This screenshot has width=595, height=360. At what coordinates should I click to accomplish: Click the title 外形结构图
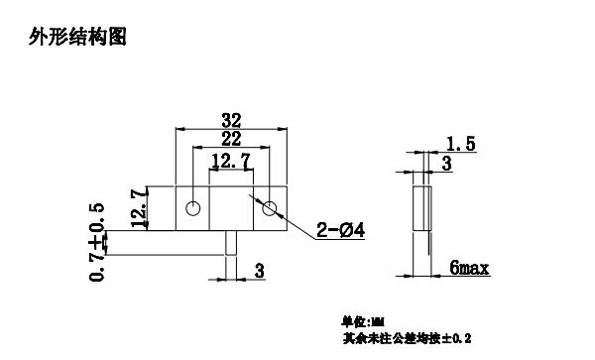pos(79,39)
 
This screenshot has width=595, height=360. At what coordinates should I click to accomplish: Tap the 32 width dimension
pos(230,120)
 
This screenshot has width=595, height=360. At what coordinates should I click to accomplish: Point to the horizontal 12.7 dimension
pos(230,161)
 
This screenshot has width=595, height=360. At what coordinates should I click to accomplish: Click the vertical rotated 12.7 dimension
pos(139,206)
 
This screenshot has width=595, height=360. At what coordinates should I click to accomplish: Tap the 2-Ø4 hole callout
pos(341,231)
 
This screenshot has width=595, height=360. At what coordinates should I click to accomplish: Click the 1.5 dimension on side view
pos(461,145)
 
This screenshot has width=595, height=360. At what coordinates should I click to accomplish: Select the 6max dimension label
pos(469,268)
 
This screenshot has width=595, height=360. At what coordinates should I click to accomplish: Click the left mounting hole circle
pos(193,208)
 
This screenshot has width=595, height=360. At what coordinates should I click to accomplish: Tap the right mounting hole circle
pos(269,208)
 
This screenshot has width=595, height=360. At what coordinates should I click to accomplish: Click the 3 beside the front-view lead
pos(260,270)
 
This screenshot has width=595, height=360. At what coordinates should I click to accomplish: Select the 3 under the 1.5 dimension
pos(447,164)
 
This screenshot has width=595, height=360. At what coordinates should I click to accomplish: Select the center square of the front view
pos(231,208)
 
